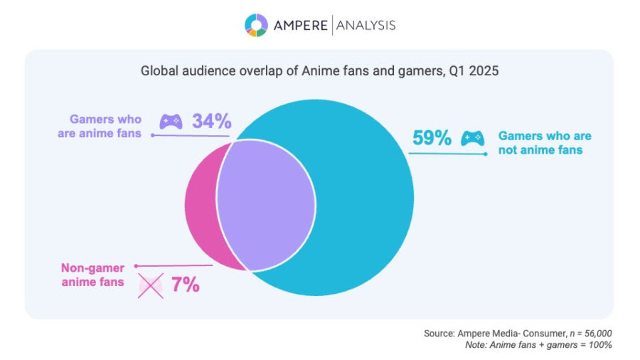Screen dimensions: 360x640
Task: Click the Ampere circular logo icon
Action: pyautogui.click(x=256, y=25)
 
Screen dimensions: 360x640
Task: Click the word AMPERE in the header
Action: pyautogui.click(x=299, y=26)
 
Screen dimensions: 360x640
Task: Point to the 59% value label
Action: pyautogui.click(x=432, y=138)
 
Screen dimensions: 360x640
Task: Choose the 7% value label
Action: pyautogui.click(x=184, y=285)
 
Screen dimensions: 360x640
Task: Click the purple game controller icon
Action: pyautogui.click(x=171, y=122)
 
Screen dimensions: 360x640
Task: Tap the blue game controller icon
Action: pyautogui.click(x=473, y=138)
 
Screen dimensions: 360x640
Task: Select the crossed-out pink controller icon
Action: pyautogui.click(x=150, y=285)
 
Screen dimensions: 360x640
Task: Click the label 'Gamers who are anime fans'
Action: pyautogui.click(x=106, y=125)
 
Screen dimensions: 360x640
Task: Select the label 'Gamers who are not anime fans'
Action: pyautogui.click(x=544, y=142)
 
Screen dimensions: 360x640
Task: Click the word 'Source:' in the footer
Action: pyautogui.click(x=441, y=333)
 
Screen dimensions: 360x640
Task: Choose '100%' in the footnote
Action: pyautogui.click(x=600, y=345)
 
